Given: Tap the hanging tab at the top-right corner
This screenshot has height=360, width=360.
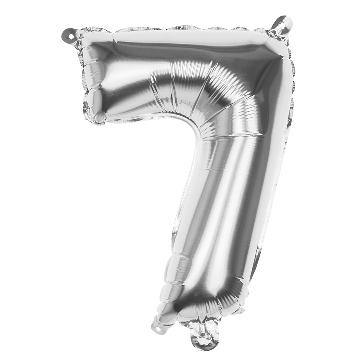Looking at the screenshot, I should (x=282, y=25).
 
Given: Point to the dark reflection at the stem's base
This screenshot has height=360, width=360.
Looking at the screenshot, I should (x=202, y=306).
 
